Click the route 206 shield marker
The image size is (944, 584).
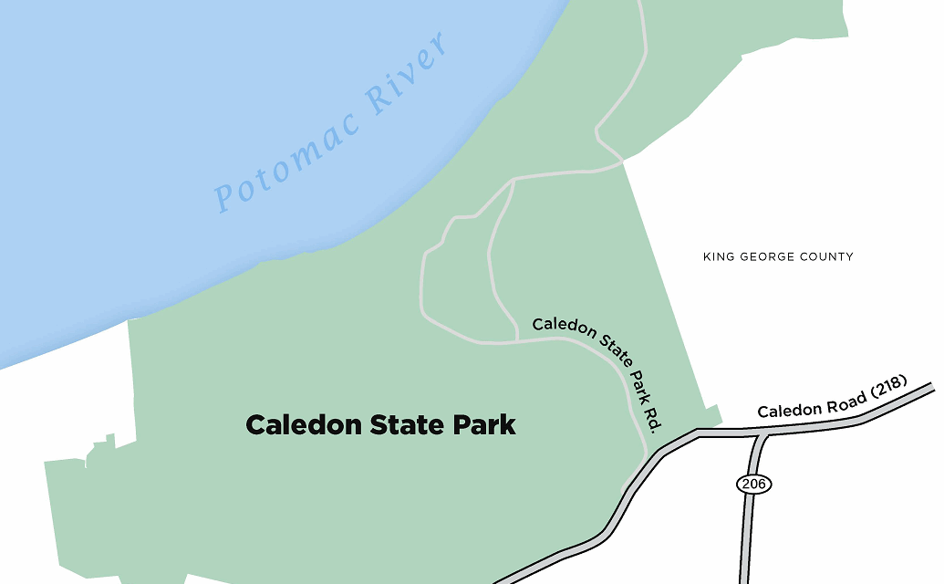[753, 484]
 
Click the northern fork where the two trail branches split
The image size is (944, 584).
[514, 180]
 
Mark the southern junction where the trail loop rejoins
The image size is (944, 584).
[517, 342]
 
